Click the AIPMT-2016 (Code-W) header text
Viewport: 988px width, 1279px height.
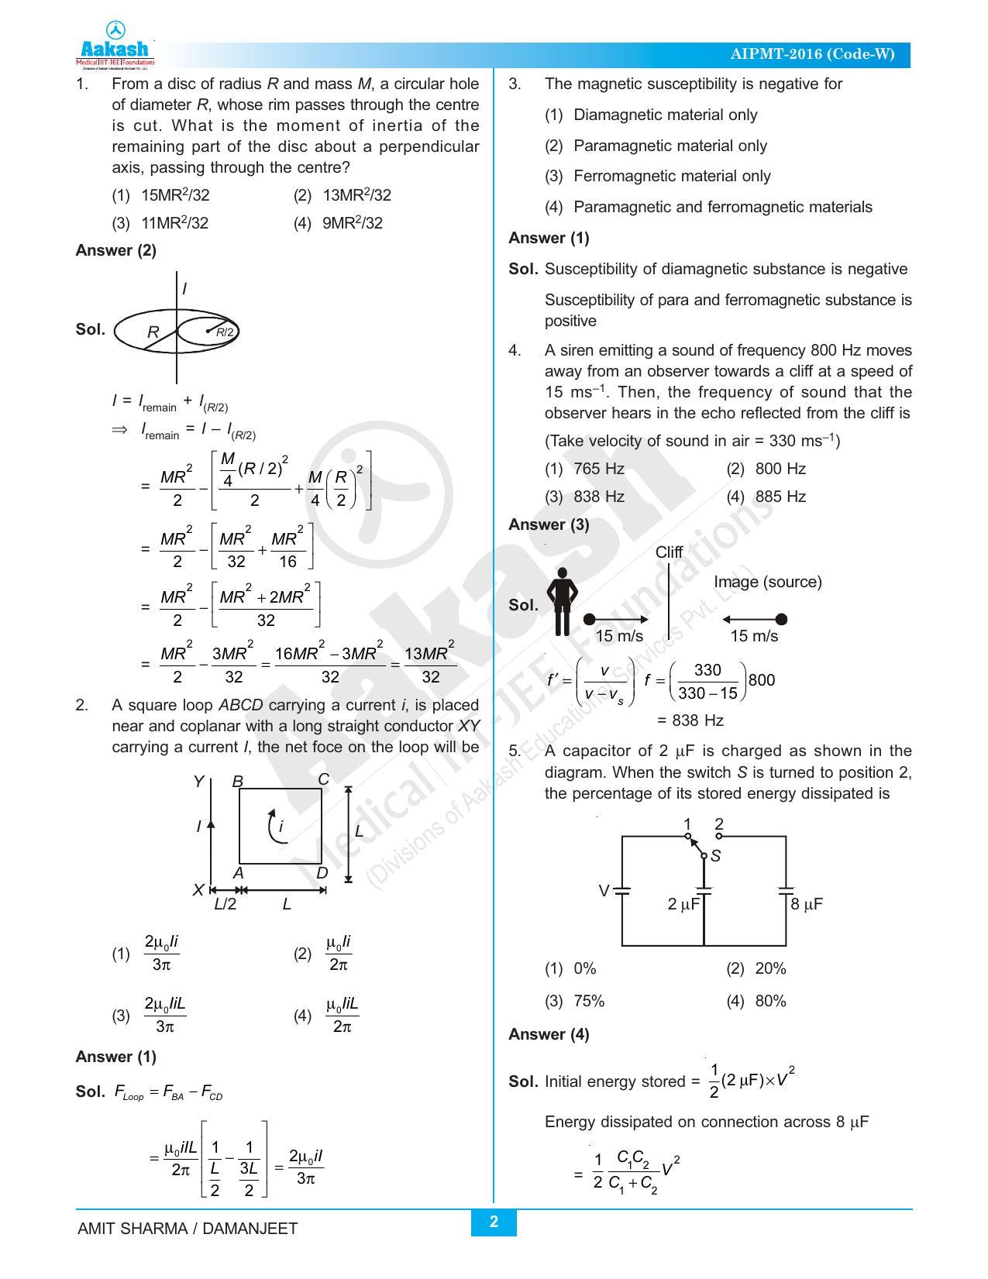pyautogui.click(x=811, y=54)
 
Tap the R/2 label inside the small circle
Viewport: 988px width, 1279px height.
pyautogui.click(x=225, y=332)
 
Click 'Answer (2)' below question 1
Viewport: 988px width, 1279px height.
pyautogui.click(x=115, y=250)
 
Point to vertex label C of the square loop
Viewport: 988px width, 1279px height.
pyautogui.click(x=324, y=779)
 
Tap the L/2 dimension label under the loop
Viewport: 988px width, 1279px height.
pyautogui.click(x=225, y=904)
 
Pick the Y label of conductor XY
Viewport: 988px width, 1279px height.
pyautogui.click(x=198, y=781)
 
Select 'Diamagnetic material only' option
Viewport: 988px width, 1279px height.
pyautogui.click(x=665, y=115)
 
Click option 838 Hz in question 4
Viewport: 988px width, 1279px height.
pyautogui.click(x=598, y=497)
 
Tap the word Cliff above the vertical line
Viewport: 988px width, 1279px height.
pyautogui.click(x=669, y=552)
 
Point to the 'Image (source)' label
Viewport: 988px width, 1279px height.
pyautogui.click(x=767, y=582)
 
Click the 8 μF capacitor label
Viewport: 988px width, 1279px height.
pyautogui.click(x=807, y=904)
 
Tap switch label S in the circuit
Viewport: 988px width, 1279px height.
pyautogui.click(x=715, y=856)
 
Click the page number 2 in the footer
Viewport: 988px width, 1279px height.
pyautogui.click(x=494, y=1222)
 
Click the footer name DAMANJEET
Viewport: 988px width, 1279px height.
pyautogui.click(x=250, y=1229)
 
